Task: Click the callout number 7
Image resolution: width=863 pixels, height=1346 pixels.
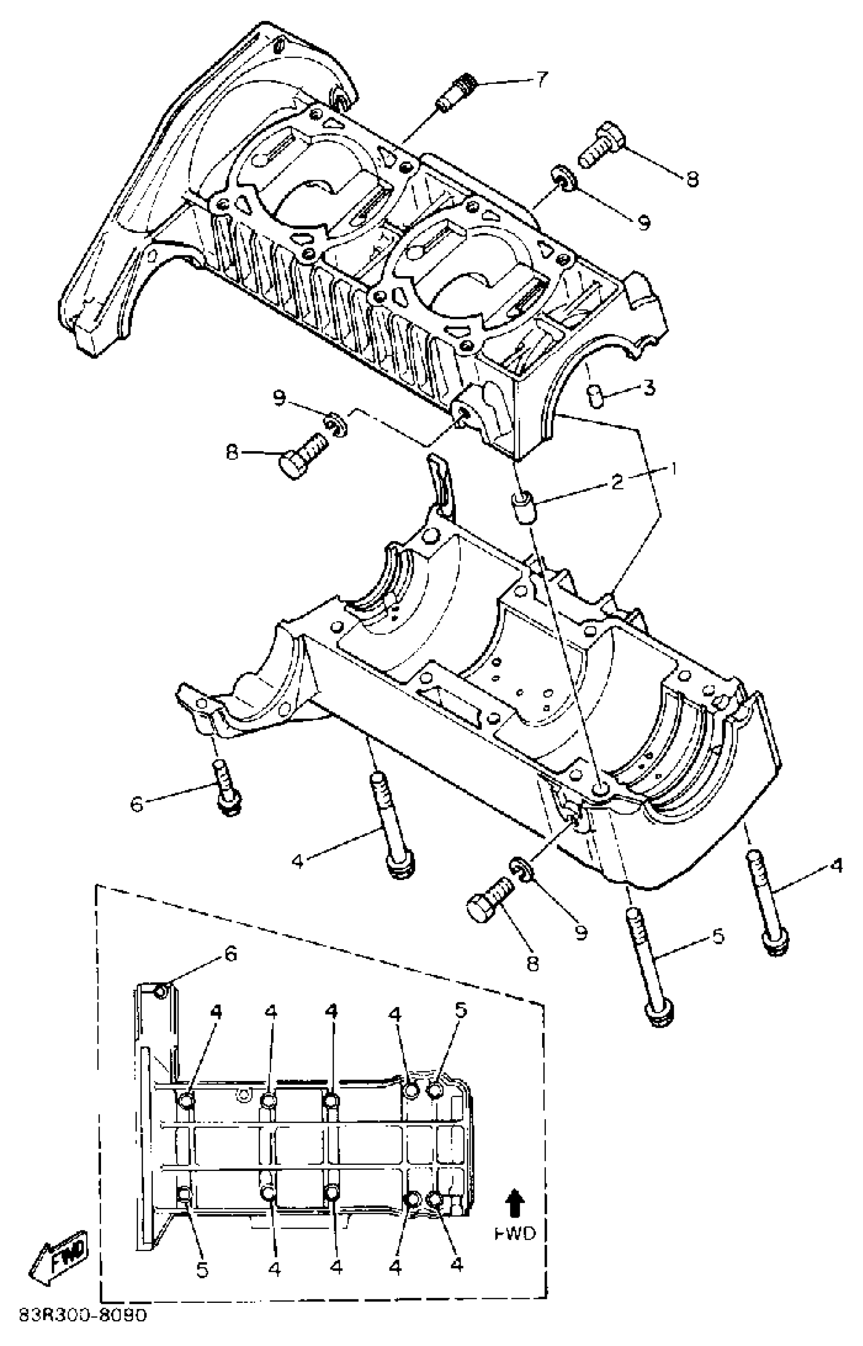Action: click(540, 79)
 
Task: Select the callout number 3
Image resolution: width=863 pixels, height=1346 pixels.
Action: click(648, 388)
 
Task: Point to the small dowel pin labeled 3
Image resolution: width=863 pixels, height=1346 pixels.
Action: click(593, 395)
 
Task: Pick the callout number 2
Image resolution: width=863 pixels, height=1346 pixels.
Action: click(617, 481)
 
